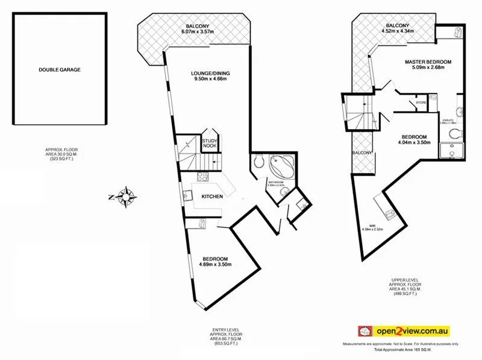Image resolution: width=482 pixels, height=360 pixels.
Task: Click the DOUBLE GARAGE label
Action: point(60,70)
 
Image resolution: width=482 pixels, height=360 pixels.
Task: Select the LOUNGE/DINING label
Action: point(210,74)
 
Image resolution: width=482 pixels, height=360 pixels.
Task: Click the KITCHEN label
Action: point(212,197)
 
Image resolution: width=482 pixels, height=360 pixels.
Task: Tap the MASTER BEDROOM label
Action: point(428,62)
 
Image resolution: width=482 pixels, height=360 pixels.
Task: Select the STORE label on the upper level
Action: point(422,103)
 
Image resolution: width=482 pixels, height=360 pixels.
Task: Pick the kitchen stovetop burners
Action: point(202,178)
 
